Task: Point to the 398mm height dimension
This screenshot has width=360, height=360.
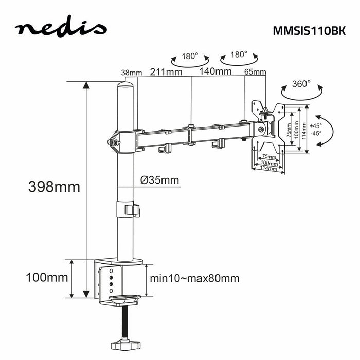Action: click(x=55, y=187)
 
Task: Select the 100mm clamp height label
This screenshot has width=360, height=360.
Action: click(x=47, y=278)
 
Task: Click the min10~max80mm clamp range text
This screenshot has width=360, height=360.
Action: click(x=194, y=278)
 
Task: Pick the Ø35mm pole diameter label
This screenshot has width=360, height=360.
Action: click(x=159, y=179)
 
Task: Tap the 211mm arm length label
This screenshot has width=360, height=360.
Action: click(x=166, y=71)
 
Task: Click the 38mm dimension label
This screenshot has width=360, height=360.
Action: click(x=131, y=73)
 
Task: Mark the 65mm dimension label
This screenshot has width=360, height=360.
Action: click(x=255, y=72)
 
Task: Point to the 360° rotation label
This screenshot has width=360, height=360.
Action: click(x=301, y=83)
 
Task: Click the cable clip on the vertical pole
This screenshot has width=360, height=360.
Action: click(x=132, y=210)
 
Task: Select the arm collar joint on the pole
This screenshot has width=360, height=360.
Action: click(x=125, y=140)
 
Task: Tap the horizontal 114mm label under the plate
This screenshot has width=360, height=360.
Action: click(x=268, y=168)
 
